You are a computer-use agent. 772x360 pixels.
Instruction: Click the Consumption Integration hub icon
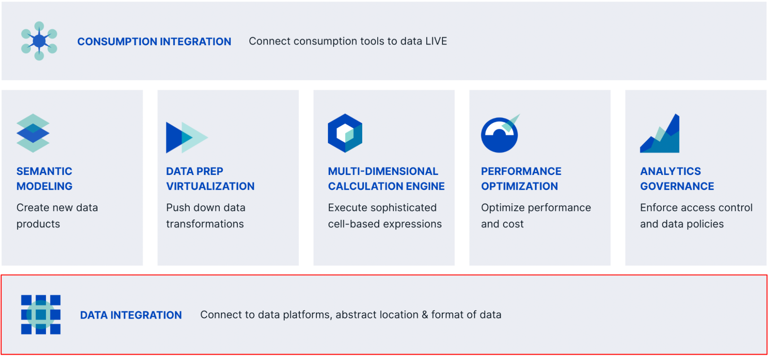point(39,41)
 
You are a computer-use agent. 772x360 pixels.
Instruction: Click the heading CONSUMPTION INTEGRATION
point(154,41)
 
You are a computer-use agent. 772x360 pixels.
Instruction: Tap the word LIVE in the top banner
point(436,41)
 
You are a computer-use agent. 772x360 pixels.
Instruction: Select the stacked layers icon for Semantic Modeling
point(33,133)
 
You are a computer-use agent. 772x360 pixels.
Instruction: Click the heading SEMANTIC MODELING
point(44,178)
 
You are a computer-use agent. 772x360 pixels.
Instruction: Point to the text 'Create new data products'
point(57,216)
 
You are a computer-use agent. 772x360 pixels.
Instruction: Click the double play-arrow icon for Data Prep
point(187,137)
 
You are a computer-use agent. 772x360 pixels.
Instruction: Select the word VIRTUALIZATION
point(210,186)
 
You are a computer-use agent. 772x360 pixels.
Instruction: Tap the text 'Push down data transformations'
point(205,216)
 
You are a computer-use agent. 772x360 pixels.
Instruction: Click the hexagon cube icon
point(345,133)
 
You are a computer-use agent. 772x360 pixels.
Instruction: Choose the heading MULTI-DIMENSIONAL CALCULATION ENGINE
point(386,178)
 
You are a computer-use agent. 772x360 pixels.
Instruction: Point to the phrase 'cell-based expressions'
point(385,224)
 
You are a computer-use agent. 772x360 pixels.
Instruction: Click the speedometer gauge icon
point(500,134)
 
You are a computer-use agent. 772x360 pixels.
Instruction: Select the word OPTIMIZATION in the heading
point(519,186)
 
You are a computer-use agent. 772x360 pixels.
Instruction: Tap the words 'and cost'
point(502,224)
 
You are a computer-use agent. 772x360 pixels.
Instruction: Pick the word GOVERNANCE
point(677,186)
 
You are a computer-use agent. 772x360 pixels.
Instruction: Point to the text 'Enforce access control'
point(696,208)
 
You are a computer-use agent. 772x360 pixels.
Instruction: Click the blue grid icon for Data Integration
point(41,314)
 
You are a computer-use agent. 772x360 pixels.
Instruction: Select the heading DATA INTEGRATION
point(131,315)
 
